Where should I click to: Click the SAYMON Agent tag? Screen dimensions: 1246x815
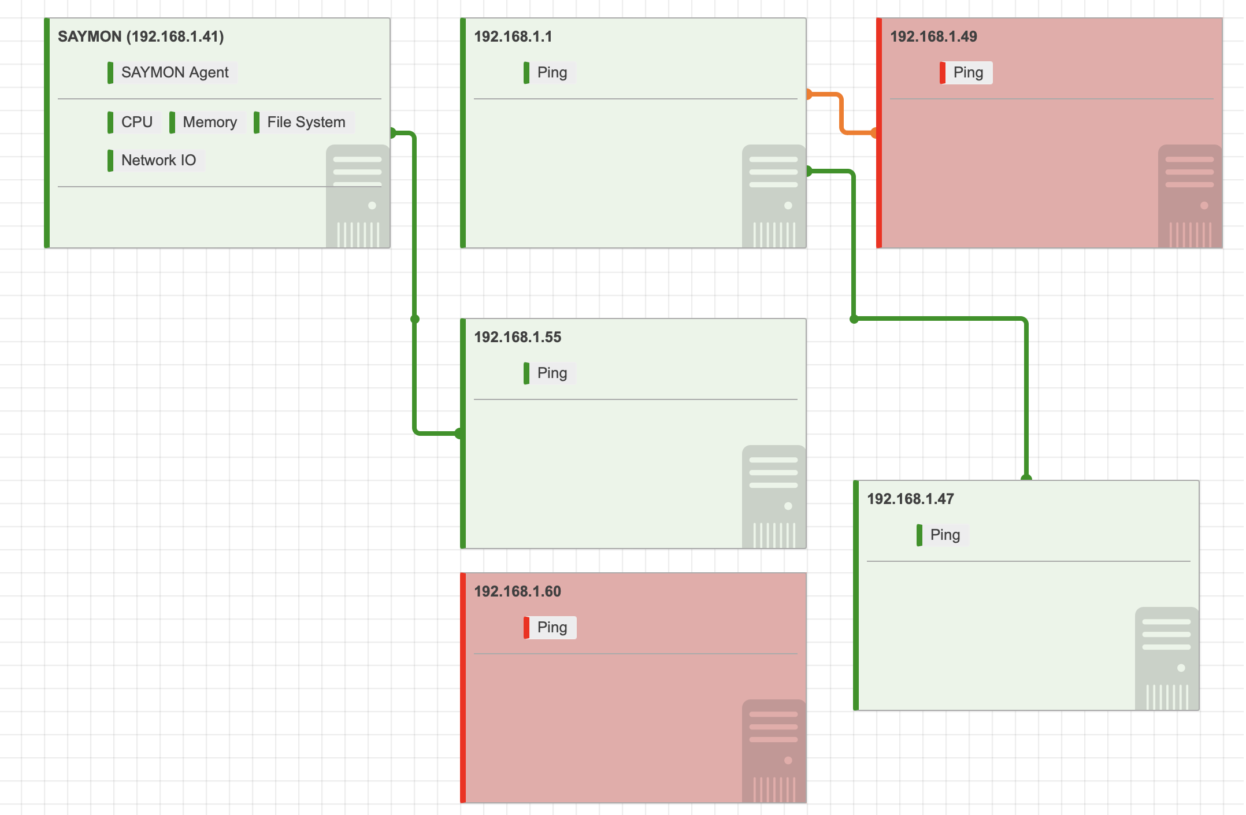[172, 73]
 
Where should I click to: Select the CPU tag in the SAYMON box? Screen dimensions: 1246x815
[133, 123]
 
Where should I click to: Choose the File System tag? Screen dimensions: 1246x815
[303, 123]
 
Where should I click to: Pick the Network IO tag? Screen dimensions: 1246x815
[155, 161]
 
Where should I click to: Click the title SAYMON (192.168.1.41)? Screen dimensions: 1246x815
[141, 36]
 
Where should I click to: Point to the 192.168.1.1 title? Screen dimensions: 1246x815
[513, 36]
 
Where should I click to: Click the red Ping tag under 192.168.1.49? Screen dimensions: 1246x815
[966, 73]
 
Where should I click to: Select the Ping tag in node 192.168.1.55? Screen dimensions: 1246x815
[550, 373]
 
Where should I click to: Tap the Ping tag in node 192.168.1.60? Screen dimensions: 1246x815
[550, 628]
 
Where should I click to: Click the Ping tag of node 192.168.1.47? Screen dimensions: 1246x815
[943, 535]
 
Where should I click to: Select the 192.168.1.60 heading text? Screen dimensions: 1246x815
[518, 591]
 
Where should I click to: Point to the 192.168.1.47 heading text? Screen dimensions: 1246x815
[911, 499]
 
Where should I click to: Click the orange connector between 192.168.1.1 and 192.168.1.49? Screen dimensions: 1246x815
[841, 113]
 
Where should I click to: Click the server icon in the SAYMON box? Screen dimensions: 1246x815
[358, 197]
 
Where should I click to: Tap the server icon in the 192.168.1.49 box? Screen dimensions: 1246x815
[1190, 197]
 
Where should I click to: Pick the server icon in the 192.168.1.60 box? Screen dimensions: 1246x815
[774, 751]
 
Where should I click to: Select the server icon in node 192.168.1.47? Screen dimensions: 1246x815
[1167, 659]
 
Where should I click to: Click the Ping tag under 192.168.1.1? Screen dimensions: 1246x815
[550, 73]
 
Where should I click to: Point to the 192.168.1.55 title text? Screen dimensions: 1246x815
[518, 337]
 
